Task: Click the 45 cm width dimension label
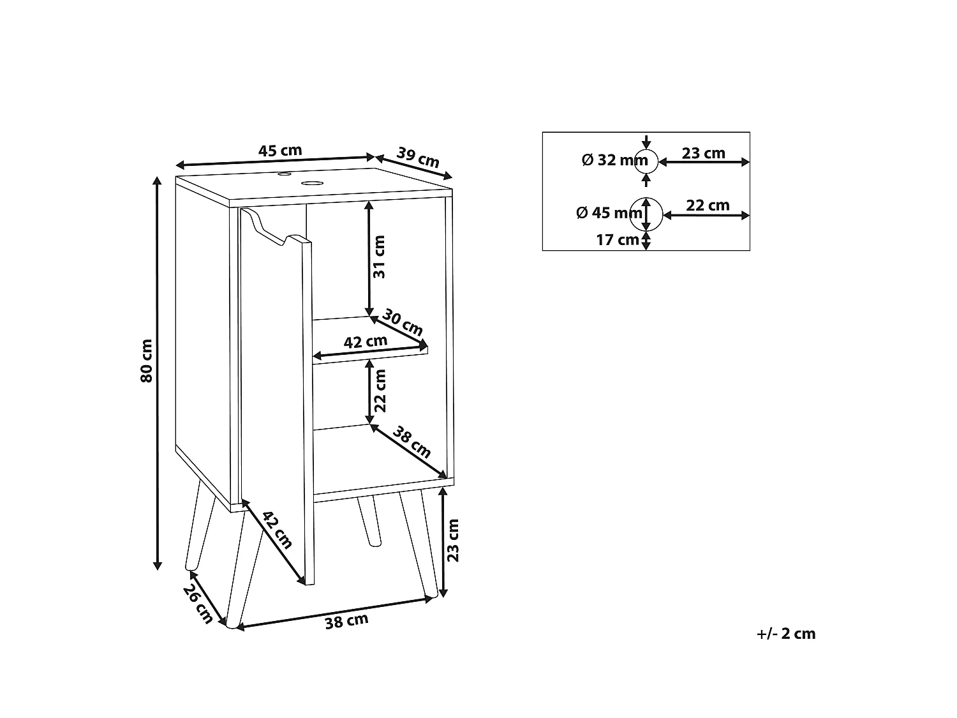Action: pos(280,151)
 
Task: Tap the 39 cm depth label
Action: pos(418,158)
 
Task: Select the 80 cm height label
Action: pos(147,361)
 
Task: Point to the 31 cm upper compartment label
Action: pos(379,257)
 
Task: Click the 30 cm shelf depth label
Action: pos(403,322)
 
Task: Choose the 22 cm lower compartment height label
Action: pos(380,391)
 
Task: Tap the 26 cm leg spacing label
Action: pos(198,604)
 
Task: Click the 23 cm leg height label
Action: pos(453,540)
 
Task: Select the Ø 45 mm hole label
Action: pos(609,213)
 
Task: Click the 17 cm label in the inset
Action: pos(618,240)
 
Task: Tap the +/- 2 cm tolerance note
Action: pos(785,633)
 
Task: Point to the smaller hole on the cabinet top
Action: pos(285,174)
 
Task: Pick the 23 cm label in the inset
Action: pos(703,153)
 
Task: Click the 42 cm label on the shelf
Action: pos(366,342)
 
